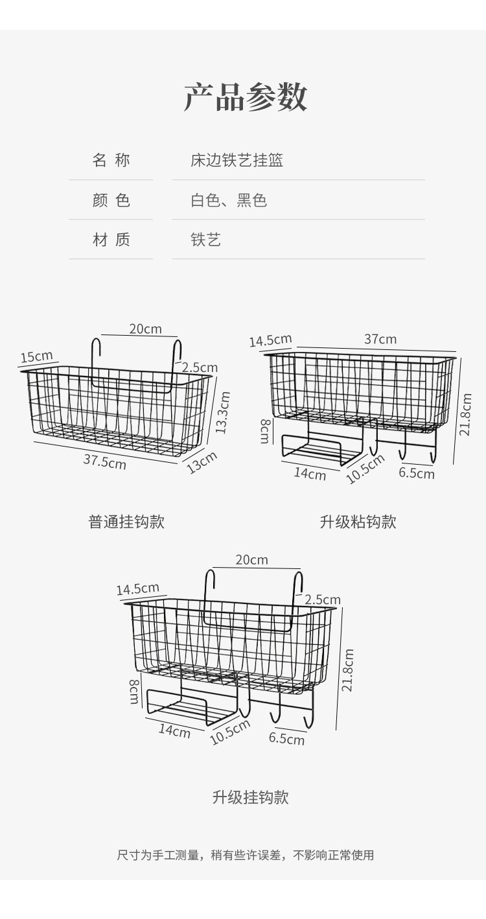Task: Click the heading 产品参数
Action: click(x=246, y=97)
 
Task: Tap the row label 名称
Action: click(x=111, y=160)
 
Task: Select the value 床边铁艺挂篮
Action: click(x=237, y=160)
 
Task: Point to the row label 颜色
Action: click(x=111, y=200)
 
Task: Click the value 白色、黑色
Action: click(x=228, y=200)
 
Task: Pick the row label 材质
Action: click(x=111, y=240)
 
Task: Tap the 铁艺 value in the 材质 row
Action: click(x=205, y=240)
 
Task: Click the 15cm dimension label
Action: click(x=36, y=356)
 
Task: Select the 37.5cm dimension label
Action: click(x=104, y=461)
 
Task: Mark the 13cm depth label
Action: click(x=202, y=462)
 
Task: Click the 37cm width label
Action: click(x=380, y=339)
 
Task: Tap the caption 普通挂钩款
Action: click(x=126, y=522)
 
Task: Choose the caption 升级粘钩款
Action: click(x=358, y=522)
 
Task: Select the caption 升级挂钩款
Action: click(x=250, y=797)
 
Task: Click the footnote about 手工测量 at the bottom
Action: click(x=245, y=855)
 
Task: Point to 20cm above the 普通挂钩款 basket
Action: click(x=145, y=329)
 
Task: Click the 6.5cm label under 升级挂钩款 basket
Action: click(x=286, y=738)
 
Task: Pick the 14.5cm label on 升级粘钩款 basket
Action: click(x=270, y=340)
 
